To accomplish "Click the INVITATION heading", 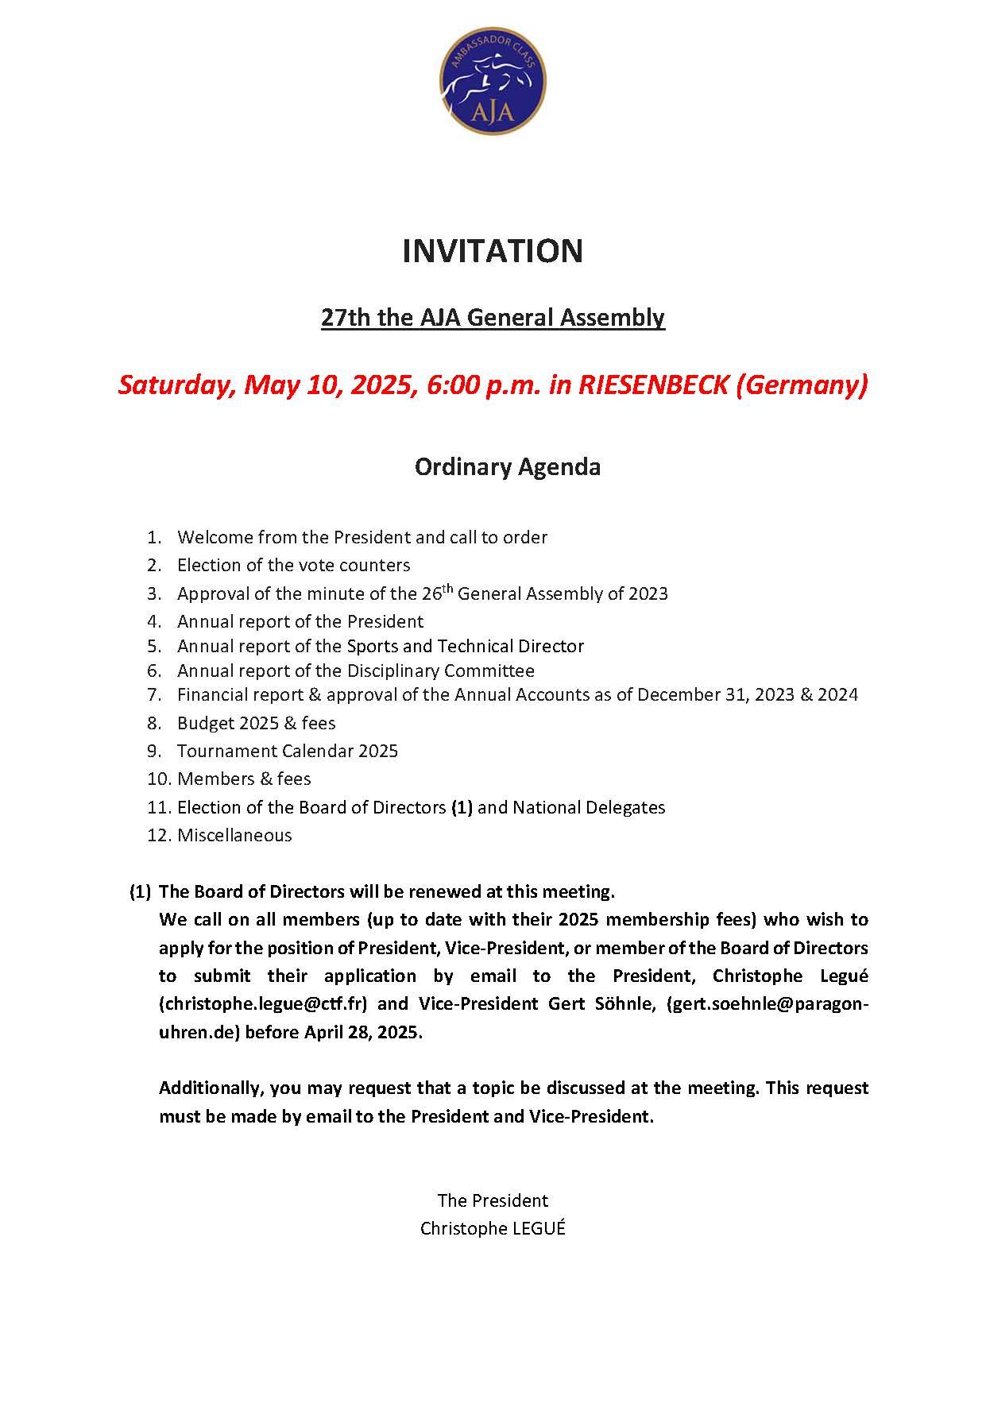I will point(493,251).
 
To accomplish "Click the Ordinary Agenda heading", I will point(508,466).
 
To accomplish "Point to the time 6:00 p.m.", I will point(484,385).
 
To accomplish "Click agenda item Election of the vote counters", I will point(293,565).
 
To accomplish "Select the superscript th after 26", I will point(447,589).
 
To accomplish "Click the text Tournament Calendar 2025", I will point(288,751).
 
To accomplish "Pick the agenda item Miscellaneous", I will point(234,835).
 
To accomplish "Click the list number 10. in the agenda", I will point(159,779).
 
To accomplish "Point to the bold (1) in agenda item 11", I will point(462,807).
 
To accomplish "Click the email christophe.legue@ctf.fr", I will point(263,1003).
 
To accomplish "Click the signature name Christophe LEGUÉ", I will point(493,1228).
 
